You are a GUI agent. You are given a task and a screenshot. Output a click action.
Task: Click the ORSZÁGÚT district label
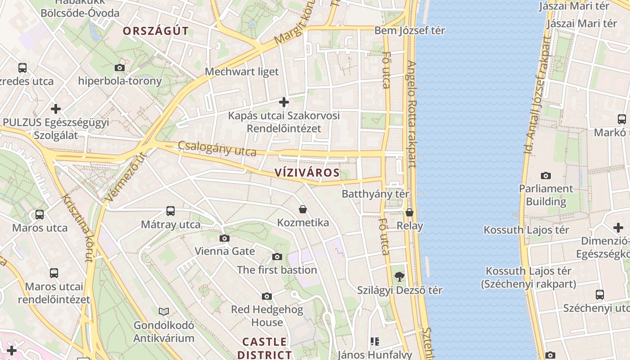[x=156, y=31]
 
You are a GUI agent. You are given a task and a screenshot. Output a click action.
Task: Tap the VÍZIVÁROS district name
[x=307, y=173]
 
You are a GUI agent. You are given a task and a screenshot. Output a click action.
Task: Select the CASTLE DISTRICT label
[x=265, y=348]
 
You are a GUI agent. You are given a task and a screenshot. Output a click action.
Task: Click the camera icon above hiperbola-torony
[x=119, y=68]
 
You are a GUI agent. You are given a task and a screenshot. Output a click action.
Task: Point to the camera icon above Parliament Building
[x=546, y=175]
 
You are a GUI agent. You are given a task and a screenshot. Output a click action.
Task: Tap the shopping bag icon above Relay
[x=409, y=212]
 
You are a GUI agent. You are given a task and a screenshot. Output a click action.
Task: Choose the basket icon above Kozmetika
[x=303, y=209]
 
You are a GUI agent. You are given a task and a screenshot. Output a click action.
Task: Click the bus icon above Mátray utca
[x=171, y=211]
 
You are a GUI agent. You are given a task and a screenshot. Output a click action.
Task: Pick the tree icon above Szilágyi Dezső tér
[x=399, y=277]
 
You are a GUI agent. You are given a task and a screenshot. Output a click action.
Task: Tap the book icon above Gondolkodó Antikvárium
[x=164, y=311]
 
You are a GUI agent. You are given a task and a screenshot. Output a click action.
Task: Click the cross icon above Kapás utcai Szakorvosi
[x=283, y=103]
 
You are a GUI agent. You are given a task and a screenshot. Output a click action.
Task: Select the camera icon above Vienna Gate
[x=225, y=238]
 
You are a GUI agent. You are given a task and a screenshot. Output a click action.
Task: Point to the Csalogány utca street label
[x=217, y=148]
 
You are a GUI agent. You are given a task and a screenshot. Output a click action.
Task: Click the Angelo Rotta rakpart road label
[x=412, y=115]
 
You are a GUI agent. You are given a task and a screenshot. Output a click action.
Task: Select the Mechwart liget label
[x=242, y=72]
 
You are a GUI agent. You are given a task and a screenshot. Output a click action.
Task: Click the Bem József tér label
[x=409, y=31]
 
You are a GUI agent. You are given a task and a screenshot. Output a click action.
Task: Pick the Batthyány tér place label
[x=375, y=194]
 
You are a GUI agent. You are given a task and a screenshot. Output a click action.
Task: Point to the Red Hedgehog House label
[x=267, y=316]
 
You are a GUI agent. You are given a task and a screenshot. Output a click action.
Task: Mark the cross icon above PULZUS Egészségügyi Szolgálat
[x=56, y=109]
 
